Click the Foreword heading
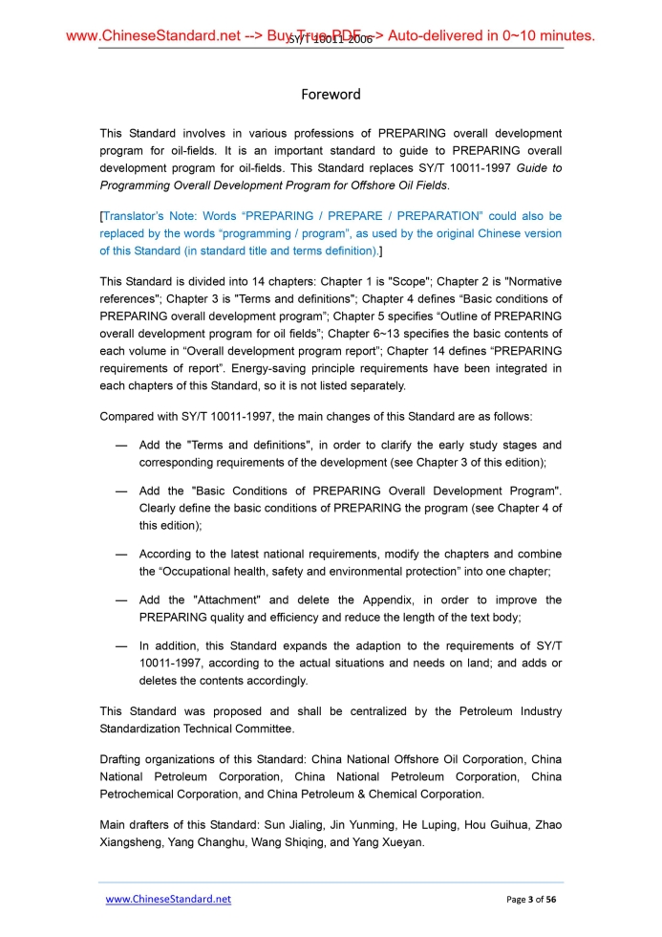(331, 95)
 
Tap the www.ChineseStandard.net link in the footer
(168, 900)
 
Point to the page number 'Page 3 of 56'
(531, 900)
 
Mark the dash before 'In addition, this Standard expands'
(121, 646)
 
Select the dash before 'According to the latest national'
(121, 555)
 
